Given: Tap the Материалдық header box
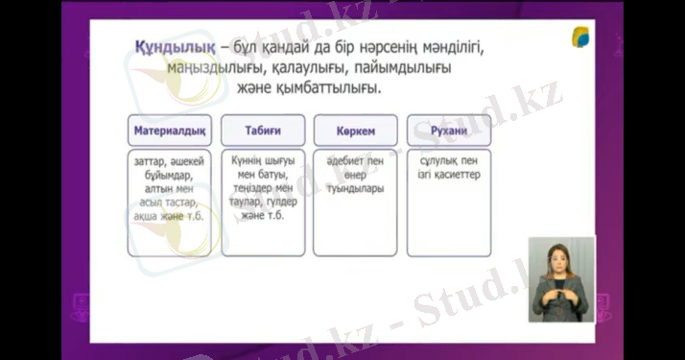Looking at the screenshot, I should point(169,129).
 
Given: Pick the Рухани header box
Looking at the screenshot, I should point(448,129).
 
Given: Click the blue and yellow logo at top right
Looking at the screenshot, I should point(583,38).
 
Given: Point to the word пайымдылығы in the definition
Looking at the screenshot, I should point(396,68).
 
